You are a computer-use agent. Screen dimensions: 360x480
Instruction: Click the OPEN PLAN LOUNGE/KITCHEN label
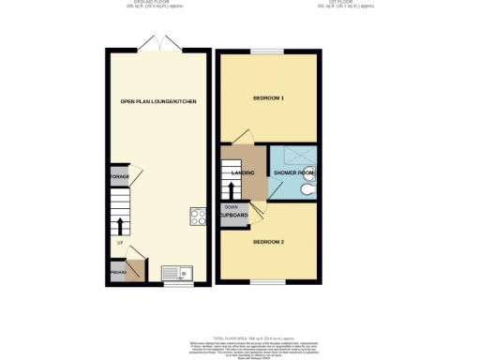[158, 100]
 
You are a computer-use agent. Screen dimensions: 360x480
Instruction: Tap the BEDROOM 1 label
[268, 98]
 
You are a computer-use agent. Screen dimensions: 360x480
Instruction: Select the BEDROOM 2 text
[268, 241]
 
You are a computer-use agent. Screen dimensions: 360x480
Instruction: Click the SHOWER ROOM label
[293, 173]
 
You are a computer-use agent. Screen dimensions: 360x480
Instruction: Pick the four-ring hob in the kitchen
[199, 217]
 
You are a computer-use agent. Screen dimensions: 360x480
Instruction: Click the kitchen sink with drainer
[176, 272]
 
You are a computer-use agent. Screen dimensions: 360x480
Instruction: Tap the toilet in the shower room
[308, 189]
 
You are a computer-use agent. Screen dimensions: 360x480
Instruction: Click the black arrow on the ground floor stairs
[120, 224]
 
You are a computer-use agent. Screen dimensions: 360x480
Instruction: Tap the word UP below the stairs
[120, 244]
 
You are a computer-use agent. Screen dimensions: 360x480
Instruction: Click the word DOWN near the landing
[231, 206]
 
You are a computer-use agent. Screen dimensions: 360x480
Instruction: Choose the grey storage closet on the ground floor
[119, 175]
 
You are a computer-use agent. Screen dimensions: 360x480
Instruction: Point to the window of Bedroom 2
[267, 281]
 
